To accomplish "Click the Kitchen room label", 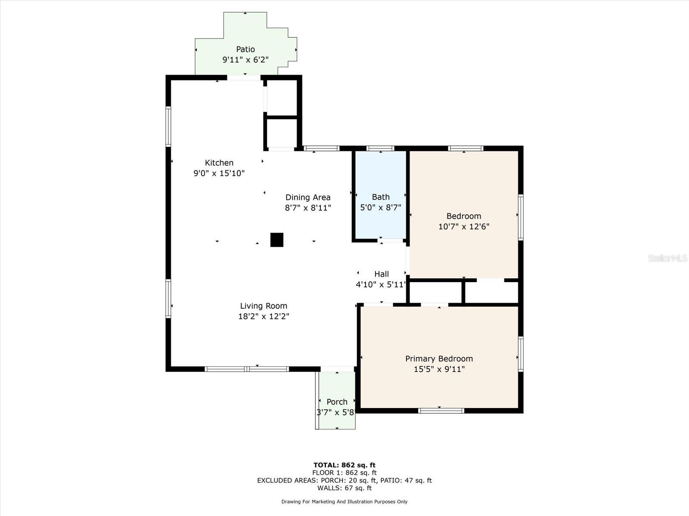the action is click(219, 163).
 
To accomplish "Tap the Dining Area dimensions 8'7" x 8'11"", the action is click(308, 208).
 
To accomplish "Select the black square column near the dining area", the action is click(277, 240).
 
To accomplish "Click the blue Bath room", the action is click(380, 195).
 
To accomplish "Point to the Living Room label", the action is click(264, 306).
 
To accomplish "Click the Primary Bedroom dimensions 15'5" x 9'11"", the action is click(439, 369).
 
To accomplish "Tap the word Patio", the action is click(245, 49).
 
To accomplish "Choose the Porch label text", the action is click(337, 402).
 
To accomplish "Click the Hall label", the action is click(382, 274).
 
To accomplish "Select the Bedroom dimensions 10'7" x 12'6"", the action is click(464, 227).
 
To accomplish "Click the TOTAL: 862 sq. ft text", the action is click(344, 465).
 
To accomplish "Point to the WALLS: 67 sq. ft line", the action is click(344, 488).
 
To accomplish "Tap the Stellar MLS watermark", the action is click(667, 258).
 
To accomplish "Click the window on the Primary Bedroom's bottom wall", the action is click(441, 411).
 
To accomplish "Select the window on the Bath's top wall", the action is click(380, 148).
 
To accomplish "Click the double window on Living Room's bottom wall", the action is click(247, 369).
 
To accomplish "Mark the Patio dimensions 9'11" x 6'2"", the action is click(245, 59).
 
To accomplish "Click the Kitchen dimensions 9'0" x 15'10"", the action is click(219, 173).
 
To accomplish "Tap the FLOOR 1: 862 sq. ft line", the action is click(344, 473).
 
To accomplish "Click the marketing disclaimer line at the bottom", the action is click(344, 501).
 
